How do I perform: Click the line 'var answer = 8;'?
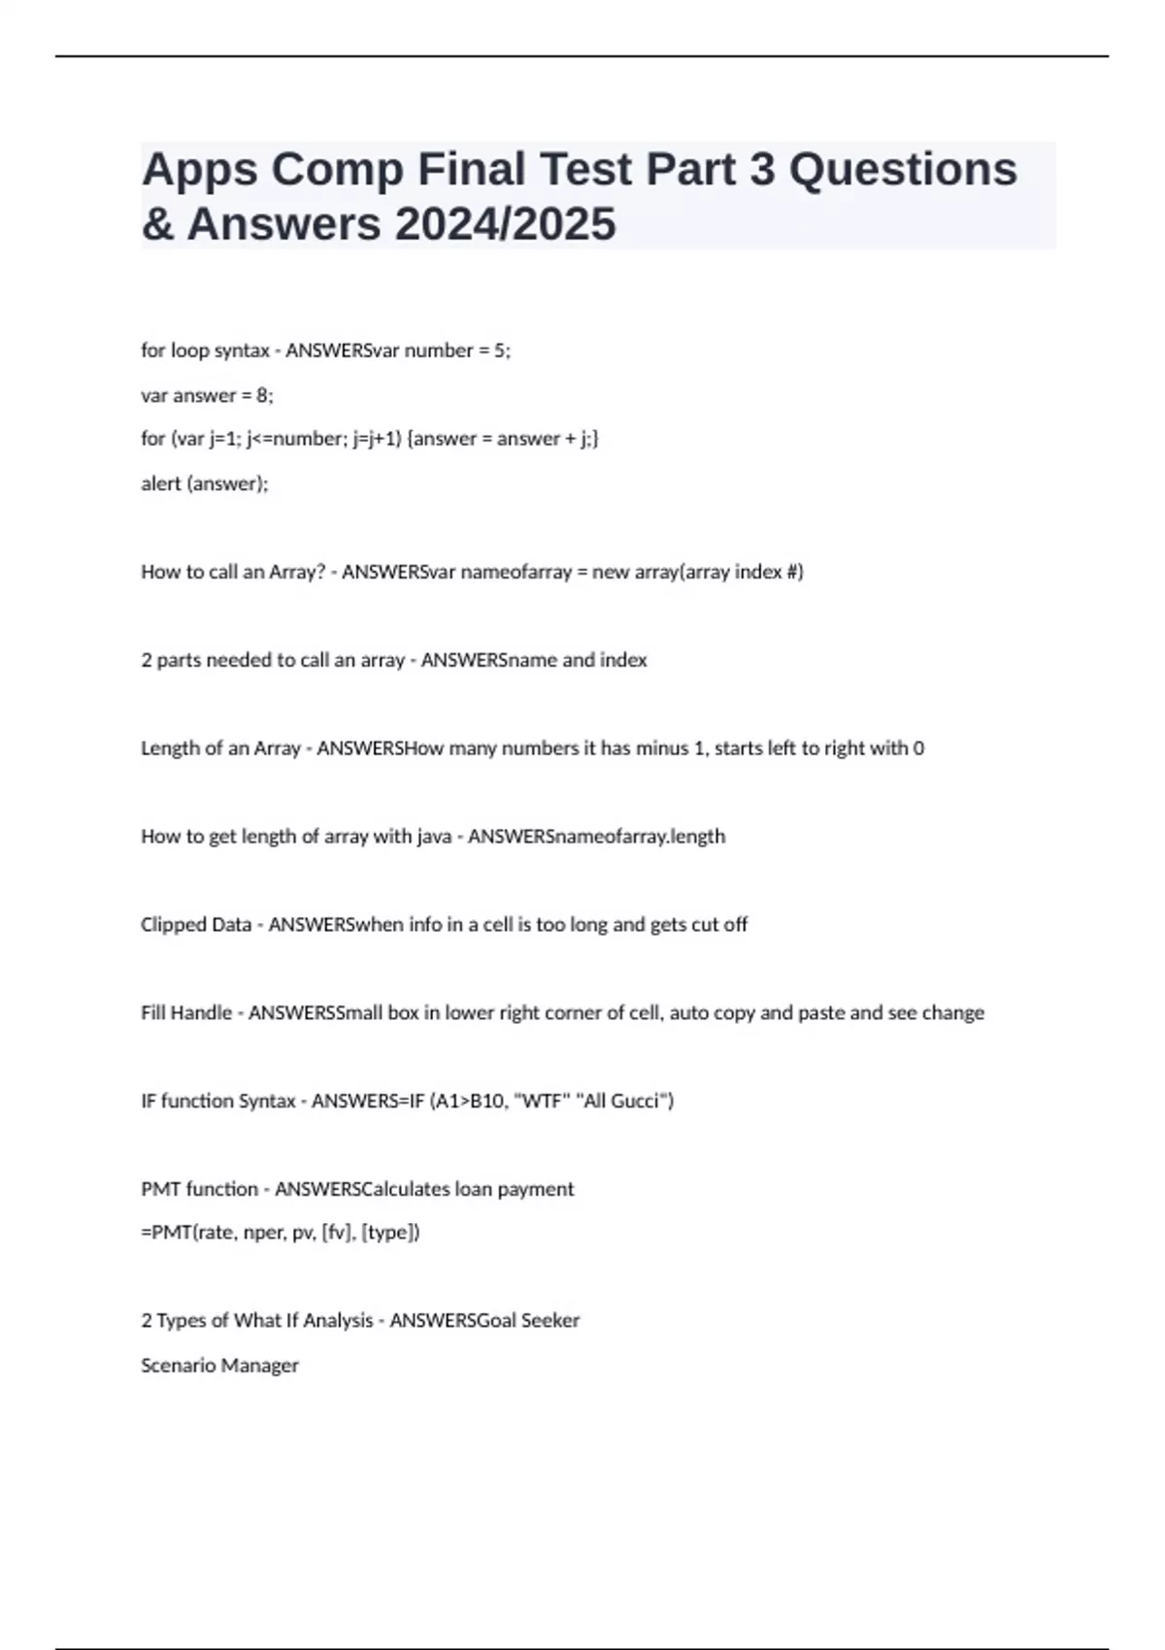[207, 395]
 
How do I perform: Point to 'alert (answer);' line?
[204, 483]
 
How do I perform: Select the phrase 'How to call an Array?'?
[233, 572]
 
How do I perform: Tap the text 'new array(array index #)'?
[697, 572]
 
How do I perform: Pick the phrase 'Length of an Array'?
[220, 748]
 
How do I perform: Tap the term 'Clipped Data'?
[196, 925]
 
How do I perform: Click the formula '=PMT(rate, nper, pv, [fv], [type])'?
[281, 1233]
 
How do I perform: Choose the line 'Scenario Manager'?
[219, 1366]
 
